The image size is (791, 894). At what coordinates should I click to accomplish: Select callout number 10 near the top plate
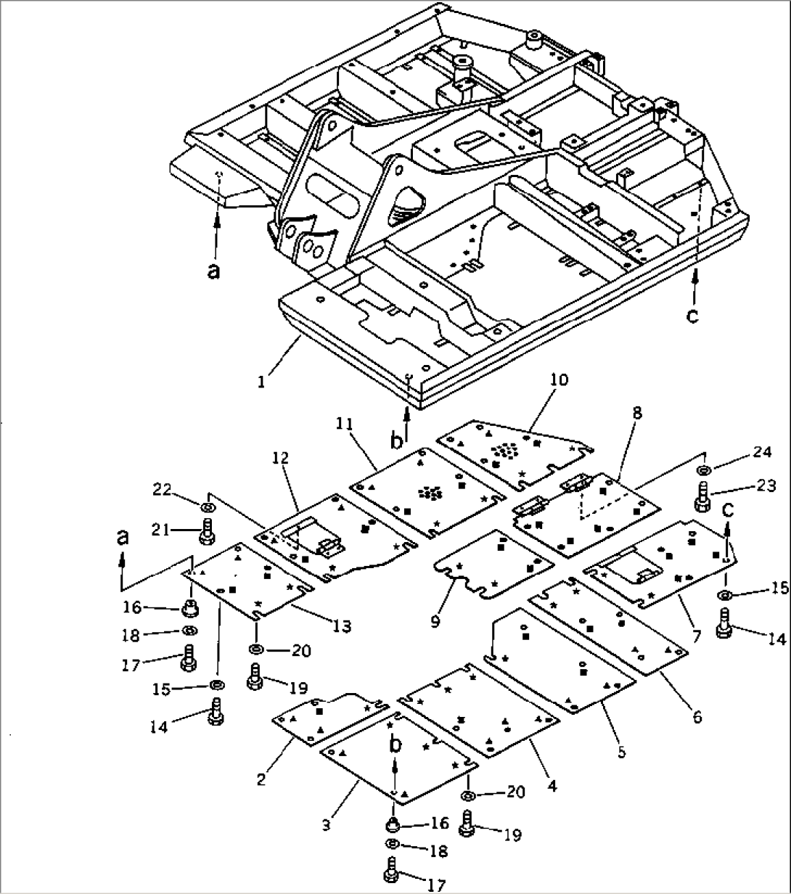(560, 380)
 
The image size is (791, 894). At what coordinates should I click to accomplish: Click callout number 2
(261, 780)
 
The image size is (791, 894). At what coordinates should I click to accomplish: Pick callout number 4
(552, 784)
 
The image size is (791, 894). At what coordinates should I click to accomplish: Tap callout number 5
(621, 752)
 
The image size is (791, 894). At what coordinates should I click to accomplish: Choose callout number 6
(697, 716)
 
